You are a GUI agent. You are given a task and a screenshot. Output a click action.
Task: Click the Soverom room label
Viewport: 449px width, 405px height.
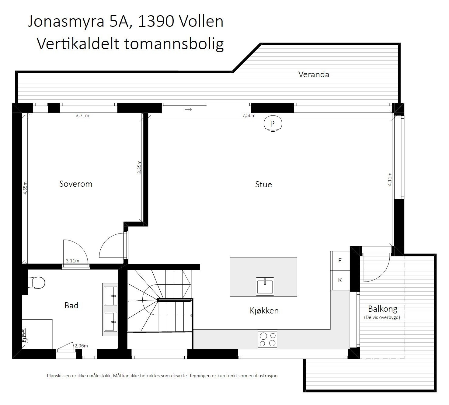pos(76,184)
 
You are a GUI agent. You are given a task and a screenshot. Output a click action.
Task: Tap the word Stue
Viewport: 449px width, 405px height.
pos(263,184)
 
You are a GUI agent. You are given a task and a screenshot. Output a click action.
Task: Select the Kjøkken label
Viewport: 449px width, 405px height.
pos(264,310)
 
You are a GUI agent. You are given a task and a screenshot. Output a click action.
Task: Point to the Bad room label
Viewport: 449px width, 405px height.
pos(71,306)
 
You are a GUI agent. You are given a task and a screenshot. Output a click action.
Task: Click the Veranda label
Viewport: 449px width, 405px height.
pos(314,74)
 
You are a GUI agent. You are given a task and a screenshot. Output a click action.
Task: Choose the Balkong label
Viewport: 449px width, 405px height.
pos(383,309)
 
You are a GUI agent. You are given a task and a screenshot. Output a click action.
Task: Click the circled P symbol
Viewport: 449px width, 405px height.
pos(272,123)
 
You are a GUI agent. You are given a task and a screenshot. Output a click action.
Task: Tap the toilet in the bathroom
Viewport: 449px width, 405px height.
pos(37,282)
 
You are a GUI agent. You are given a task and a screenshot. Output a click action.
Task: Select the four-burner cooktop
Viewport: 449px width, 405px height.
pos(267,339)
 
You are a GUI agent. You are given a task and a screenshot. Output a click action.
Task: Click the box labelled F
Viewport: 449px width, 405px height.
pos(340,261)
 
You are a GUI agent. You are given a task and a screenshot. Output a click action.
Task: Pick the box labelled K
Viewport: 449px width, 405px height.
pos(340,280)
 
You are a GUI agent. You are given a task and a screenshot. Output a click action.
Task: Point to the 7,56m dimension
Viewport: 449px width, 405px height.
pos(249,116)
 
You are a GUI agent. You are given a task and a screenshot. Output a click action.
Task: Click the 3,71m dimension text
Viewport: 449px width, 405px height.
pos(82,116)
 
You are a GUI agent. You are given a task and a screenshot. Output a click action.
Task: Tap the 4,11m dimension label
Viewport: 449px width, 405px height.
pos(390,179)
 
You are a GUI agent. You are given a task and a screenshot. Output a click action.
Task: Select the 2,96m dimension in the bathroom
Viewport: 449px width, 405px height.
pos(81,346)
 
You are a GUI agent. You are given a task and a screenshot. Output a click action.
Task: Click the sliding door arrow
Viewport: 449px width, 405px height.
pos(188,109)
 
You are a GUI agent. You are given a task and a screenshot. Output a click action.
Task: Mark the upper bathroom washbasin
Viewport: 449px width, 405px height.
pos(110,296)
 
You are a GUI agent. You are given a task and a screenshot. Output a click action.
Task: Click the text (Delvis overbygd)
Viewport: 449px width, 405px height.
pos(382,317)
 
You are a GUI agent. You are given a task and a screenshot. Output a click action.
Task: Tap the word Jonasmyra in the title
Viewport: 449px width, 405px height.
pos(66,22)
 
